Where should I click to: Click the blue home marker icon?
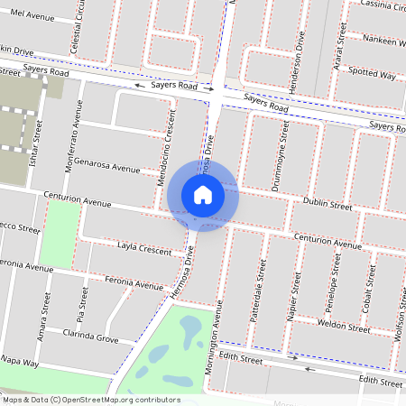pyautogui.click(x=203, y=194)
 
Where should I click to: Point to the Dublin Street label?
pyautogui.click(x=327, y=206)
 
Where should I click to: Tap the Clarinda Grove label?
pyautogui.click(x=90, y=338)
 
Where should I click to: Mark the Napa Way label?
pyautogui.click(x=20, y=362)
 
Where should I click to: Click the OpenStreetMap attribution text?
pyautogui.click(x=91, y=400)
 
